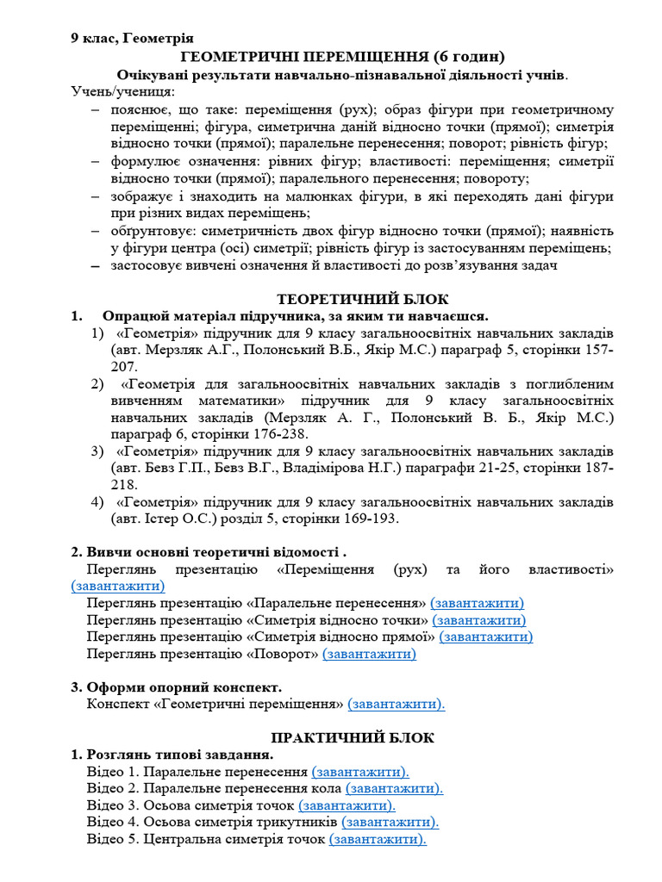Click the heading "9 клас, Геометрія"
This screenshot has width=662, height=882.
point(132,38)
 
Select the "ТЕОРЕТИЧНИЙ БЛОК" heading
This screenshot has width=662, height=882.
point(361,299)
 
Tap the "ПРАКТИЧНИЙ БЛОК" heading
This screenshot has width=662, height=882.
point(353,738)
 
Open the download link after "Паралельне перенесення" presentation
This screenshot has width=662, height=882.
point(477,603)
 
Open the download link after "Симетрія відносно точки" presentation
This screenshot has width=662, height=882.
point(479,620)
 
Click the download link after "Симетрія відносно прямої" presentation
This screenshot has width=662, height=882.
point(486,637)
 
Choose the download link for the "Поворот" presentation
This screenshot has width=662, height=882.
point(369,654)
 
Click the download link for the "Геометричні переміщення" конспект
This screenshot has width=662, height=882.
point(397,705)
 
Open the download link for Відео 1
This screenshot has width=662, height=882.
point(360,772)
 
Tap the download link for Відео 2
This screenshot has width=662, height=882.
point(394,788)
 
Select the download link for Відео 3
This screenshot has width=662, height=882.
point(347,805)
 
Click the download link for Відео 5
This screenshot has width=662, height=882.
point(378,840)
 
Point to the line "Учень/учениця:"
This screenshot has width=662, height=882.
point(122,92)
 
